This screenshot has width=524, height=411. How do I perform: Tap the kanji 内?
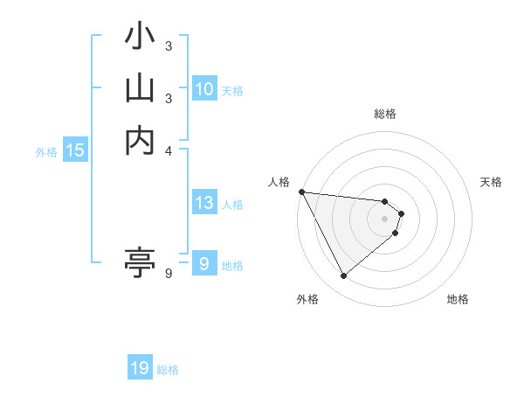click(140, 140)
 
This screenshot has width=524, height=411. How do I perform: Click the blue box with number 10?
click(204, 89)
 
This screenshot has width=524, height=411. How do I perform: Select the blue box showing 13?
click(204, 203)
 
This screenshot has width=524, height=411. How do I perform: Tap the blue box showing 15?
click(75, 150)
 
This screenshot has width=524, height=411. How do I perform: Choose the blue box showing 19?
click(140, 368)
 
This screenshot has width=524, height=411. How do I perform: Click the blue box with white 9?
click(203, 263)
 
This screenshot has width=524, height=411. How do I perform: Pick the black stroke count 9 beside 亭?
click(169, 274)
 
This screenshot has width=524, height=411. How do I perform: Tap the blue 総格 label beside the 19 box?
click(168, 370)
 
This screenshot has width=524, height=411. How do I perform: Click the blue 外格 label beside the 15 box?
click(46, 152)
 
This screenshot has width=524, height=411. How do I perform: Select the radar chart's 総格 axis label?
click(385, 114)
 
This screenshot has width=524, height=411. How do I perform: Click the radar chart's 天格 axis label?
click(492, 182)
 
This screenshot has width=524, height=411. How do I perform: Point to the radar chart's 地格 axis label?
click(458, 299)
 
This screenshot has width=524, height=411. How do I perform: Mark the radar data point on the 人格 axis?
click(301, 192)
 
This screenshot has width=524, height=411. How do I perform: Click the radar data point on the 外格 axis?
click(343, 275)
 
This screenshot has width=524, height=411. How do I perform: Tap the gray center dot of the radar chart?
click(385, 219)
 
